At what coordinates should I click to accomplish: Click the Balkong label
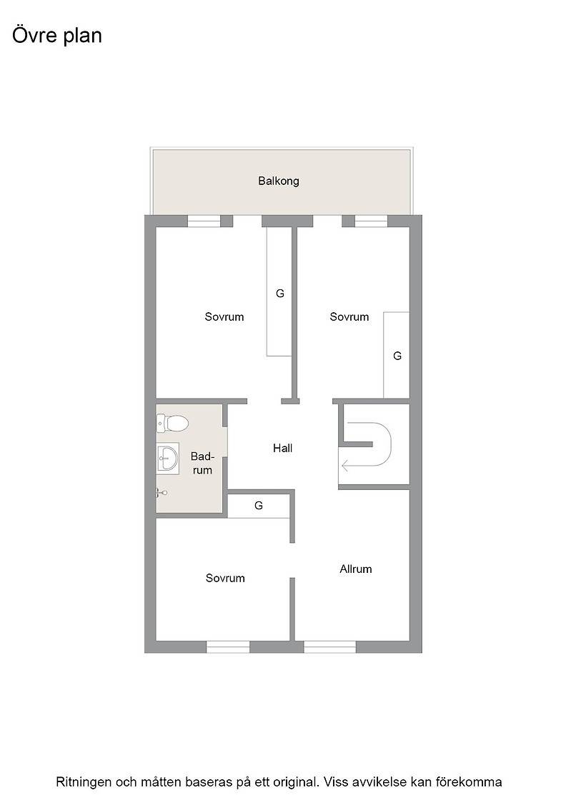click(278, 181)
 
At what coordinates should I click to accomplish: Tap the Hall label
click(283, 448)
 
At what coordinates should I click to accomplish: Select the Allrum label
click(356, 569)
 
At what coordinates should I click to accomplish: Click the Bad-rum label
click(202, 464)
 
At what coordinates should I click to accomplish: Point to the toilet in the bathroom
click(172, 422)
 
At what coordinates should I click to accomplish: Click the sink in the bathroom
click(167, 458)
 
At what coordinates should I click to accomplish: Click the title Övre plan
click(57, 35)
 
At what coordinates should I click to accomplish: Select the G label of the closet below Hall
click(259, 506)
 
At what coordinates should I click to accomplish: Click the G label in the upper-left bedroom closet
click(279, 294)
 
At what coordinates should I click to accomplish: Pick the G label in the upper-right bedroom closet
click(397, 356)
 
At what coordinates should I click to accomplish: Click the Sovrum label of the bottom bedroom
click(225, 578)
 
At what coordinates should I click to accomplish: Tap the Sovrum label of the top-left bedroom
click(224, 317)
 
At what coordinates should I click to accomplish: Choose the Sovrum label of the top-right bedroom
click(349, 317)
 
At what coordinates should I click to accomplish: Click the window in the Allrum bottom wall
click(329, 647)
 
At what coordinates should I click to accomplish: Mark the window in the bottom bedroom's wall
click(228, 647)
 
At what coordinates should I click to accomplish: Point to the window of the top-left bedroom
click(204, 221)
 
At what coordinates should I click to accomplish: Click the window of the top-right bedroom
click(371, 221)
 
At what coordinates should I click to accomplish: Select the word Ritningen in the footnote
click(83, 782)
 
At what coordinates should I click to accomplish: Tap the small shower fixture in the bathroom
click(162, 492)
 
